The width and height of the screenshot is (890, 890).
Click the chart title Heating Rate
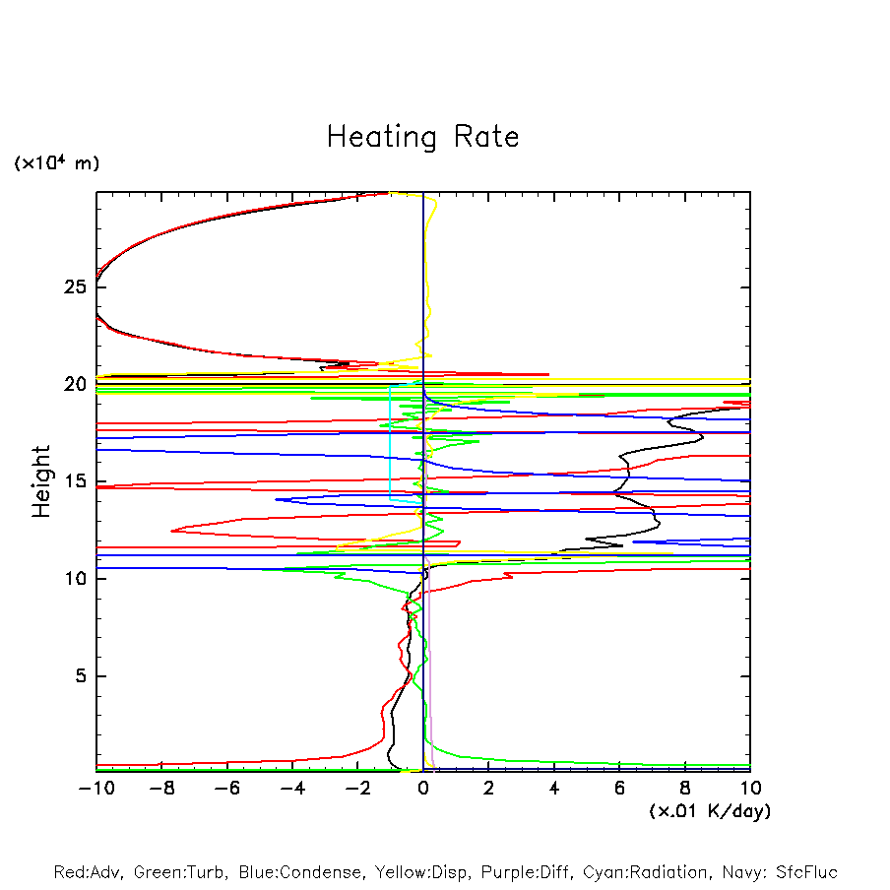422,137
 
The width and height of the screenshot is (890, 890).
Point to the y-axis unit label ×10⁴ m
56,163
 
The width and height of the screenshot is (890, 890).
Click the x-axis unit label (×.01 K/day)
709,811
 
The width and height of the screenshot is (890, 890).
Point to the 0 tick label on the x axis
423,789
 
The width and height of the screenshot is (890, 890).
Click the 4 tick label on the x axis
554,789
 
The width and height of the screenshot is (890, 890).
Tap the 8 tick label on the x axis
685,789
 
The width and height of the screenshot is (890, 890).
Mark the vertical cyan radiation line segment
391,443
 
